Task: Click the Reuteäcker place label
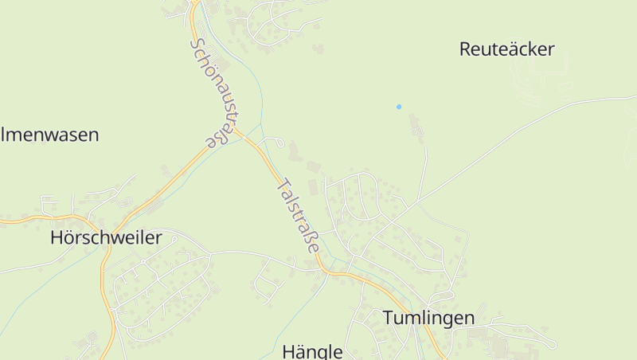(506, 49)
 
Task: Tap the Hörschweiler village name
(106, 237)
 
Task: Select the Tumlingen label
(428, 318)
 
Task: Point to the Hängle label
(313, 351)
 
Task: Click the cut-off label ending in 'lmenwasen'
(49, 135)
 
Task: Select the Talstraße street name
(298, 216)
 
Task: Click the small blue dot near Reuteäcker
(399, 107)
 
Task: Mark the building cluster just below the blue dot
(415, 126)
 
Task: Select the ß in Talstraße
(311, 240)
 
